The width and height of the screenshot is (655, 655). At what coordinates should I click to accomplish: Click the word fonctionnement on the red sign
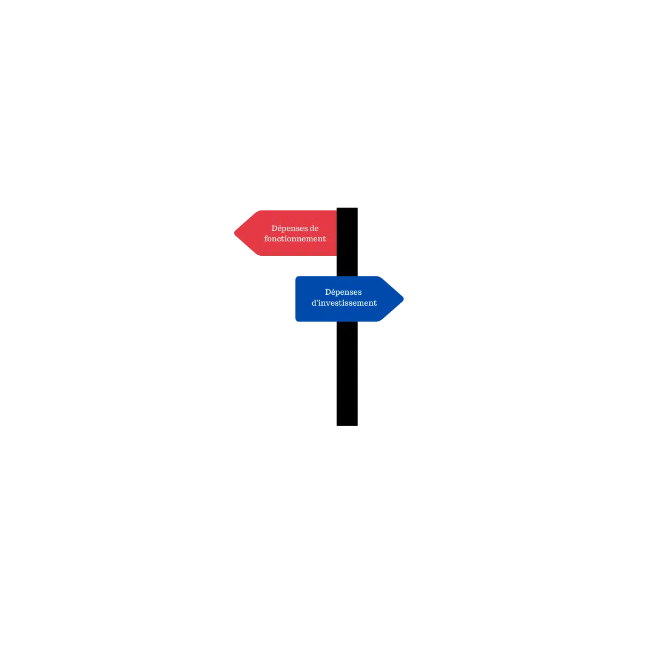(295, 239)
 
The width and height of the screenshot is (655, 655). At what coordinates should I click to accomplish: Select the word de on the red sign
(314, 229)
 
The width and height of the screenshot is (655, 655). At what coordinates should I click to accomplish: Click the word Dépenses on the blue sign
(343, 292)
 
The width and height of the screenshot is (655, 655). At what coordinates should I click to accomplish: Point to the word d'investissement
(344, 303)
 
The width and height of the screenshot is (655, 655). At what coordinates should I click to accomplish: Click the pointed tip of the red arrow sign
(234, 233)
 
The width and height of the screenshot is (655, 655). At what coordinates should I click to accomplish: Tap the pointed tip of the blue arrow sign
(403, 299)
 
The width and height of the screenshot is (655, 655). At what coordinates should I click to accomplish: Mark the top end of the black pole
(347, 208)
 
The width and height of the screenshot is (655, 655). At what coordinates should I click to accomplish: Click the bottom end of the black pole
(347, 426)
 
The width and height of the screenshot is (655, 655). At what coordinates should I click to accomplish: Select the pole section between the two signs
(347, 266)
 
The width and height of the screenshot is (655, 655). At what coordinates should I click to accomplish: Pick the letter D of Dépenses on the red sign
(275, 229)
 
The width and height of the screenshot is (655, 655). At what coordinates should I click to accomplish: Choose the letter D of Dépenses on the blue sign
(328, 292)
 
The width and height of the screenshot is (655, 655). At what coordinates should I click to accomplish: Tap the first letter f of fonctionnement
(266, 238)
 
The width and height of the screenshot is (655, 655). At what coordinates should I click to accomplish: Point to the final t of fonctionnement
(324, 239)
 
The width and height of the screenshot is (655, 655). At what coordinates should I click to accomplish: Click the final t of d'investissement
(375, 303)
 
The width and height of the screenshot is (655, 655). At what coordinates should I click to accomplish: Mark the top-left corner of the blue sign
(296, 277)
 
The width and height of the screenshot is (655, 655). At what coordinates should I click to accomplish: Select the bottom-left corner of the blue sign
(296, 321)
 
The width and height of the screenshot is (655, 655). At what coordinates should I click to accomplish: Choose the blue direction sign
(349, 299)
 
